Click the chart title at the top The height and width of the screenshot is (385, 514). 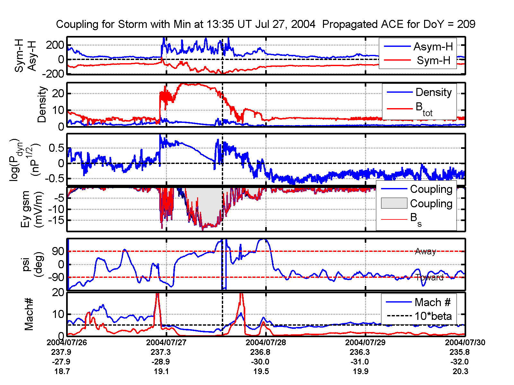266,24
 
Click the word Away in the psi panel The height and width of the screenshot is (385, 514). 425,251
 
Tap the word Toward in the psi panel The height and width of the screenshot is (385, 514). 430,278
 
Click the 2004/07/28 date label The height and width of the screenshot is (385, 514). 266,342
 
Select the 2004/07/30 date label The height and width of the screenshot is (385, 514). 465,342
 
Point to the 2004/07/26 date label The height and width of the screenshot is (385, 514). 67,342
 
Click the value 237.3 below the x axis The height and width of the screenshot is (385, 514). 161,352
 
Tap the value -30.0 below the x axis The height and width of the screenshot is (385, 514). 260,362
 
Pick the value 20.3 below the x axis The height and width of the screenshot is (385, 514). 460,372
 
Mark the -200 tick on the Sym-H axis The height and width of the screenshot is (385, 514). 53,74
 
